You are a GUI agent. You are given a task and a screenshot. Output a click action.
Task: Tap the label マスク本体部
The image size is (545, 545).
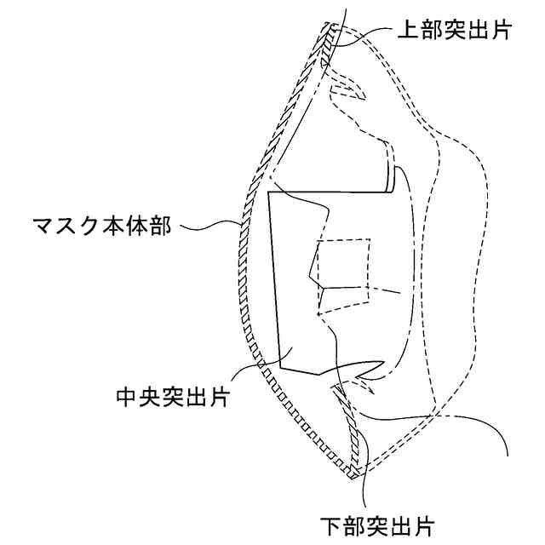103,227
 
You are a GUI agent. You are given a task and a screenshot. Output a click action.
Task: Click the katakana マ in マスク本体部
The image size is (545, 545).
41,227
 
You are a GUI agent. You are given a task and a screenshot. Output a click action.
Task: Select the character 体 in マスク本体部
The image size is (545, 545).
143,227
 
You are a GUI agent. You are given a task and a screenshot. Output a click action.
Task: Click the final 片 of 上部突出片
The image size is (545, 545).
499,31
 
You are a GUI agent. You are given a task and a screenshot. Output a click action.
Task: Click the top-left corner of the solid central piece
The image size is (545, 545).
269,193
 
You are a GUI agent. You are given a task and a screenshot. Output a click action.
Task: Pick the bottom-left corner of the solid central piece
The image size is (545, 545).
280,368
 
